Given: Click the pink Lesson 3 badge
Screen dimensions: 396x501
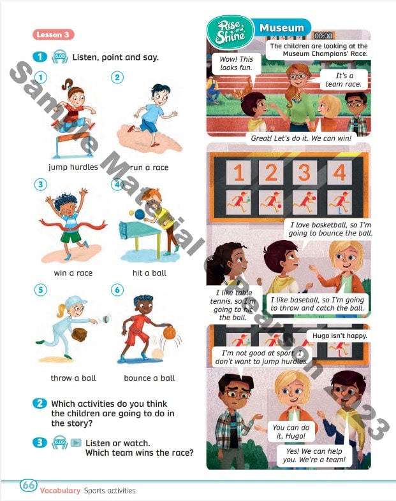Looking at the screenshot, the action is (53, 34).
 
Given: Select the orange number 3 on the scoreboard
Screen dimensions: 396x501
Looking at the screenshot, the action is (304, 173).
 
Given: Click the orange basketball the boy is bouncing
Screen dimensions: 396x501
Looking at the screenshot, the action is (168, 332).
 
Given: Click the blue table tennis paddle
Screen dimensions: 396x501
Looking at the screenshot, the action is (140, 215).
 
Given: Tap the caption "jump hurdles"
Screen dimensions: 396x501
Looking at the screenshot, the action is (73, 167).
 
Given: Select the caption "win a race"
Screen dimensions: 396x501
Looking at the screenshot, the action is (73, 273).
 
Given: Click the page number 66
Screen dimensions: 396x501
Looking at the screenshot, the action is (29, 485).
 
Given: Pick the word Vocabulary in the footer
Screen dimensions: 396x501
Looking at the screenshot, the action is (60, 490).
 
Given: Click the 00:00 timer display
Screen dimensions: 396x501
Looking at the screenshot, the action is (323, 36).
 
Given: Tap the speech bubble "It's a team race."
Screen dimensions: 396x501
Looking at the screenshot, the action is (344, 80).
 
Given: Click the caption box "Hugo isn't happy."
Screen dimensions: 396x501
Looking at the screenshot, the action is (339, 335).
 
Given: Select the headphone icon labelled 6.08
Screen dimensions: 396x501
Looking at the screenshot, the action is (59, 57).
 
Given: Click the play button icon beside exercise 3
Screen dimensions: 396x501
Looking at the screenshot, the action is (76, 442).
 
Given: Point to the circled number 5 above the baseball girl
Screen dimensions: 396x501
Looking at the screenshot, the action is (41, 290).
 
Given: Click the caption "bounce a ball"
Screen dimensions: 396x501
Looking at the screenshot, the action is (149, 378).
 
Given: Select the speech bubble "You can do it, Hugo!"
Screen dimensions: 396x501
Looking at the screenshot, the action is (291, 432).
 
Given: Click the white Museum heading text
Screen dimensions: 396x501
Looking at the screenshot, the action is (281, 28).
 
